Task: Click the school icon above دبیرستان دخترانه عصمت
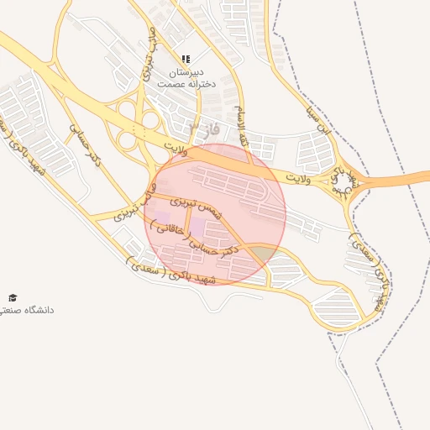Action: tap(186, 59)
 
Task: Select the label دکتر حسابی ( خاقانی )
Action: tap(195, 239)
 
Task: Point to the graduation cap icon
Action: tap(12, 298)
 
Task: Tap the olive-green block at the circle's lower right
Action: tap(265, 253)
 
